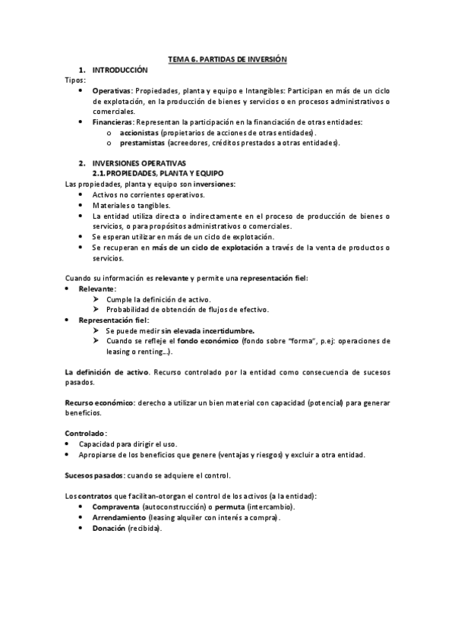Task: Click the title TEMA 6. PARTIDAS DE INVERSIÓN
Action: (x=227, y=58)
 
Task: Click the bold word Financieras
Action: (x=112, y=122)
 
